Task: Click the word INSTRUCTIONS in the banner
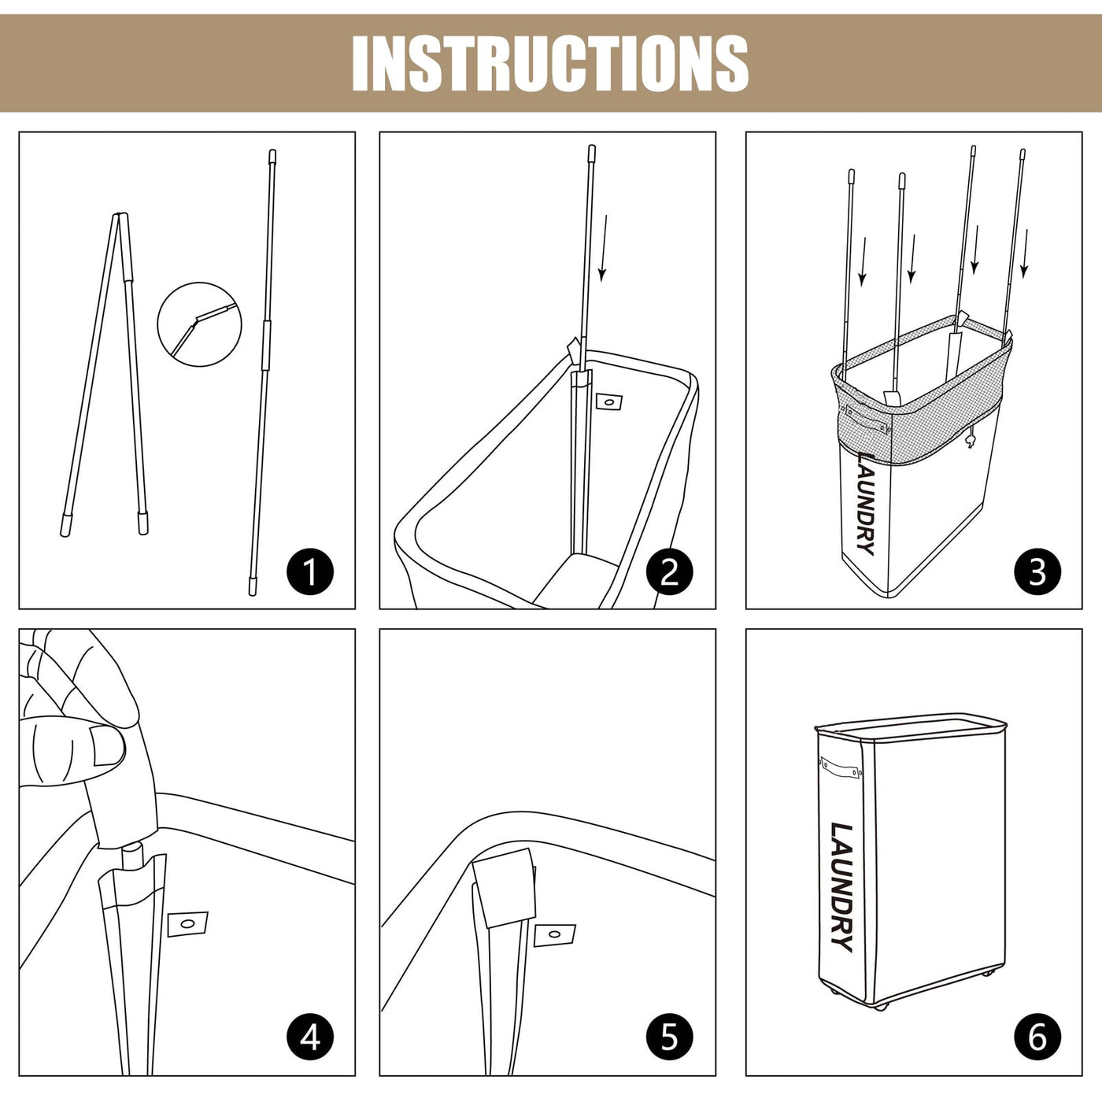pyautogui.click(x=550, y=63)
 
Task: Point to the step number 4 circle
pyautogui.click(x=309, y=1037)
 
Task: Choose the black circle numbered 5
pyautogui.click(x=669, y=1037)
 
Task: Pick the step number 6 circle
pyautogui.click(x=1037, y=1037)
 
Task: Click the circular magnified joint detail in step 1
pyautogui.click(x=200, y=324)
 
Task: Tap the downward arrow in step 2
pyautogui.click(x=603, y=248)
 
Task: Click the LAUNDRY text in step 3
pyautogui.click(x=867, y=503)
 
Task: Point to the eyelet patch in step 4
pyautogui.click(x=187, y=923)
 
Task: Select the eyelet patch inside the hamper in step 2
pyautogui.click(x=608, y=401)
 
